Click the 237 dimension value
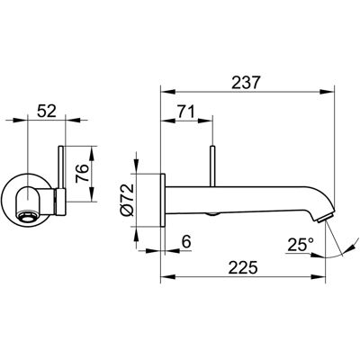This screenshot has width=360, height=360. point(245,83)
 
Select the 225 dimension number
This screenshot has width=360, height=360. point(243,267)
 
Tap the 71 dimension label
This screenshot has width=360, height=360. point(185,112)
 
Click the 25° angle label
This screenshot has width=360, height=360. point(301,245)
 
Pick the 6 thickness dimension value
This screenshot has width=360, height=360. point(186,241)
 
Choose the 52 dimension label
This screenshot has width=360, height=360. point(46,112)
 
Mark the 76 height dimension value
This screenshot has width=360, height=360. point(82,174)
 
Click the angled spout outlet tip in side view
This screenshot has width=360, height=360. point(325,218)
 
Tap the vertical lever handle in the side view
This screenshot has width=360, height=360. point(212,166)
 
